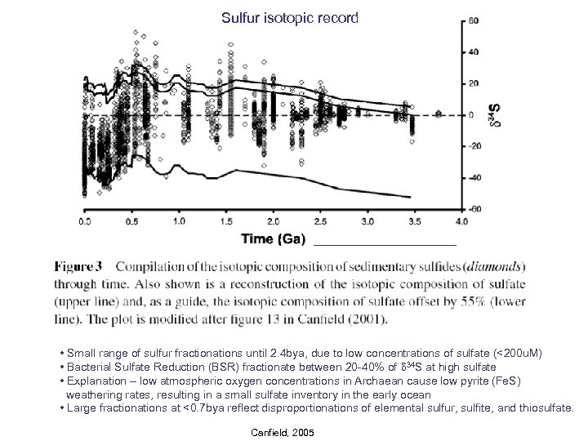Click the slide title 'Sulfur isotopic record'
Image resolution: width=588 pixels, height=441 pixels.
[290, 17]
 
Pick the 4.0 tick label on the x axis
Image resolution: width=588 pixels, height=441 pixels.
[461, 221]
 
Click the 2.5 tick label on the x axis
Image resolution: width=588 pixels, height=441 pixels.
[321, 221]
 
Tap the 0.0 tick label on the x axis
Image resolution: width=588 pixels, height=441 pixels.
[85, 221]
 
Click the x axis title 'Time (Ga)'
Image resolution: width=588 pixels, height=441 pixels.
[274, 239]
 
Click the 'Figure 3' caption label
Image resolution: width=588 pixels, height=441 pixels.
[78, 266]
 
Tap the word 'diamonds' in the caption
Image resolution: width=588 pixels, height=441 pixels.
[493, 266]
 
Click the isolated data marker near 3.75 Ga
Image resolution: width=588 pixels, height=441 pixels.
[439, 114]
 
